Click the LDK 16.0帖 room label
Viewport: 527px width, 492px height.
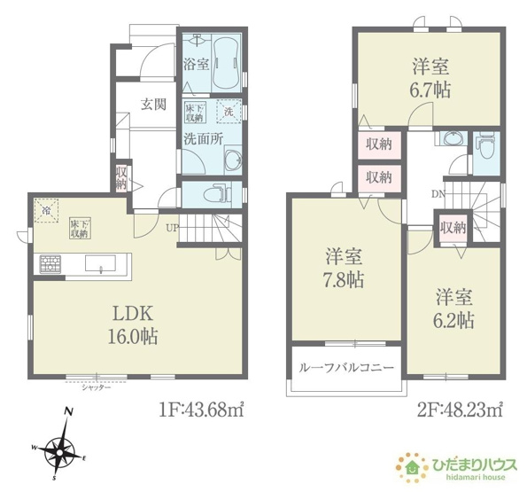coord(134,324)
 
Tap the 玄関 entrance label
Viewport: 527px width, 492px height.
coord(153,104)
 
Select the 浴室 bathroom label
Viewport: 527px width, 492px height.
coord(195,65)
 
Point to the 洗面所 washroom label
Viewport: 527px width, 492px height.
coord(201,138)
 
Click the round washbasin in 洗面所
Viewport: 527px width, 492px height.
coord(232,160)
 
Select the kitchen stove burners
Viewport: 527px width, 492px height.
coord(50,263)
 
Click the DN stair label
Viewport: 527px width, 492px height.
coord(438,193)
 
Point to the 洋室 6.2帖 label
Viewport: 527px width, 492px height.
coord(453,308)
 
